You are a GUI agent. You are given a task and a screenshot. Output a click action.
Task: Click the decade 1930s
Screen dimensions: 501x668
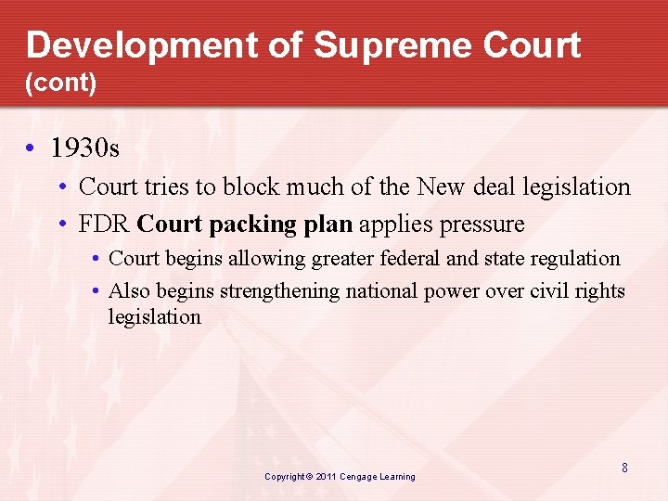pos(85,148)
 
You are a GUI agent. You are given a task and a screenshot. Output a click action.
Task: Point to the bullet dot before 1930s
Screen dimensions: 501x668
pos(32,148)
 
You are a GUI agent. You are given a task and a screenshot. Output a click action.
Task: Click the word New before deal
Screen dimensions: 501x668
pos(442,186)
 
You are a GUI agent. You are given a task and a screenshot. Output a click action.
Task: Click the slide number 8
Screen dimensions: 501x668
pos(624,469)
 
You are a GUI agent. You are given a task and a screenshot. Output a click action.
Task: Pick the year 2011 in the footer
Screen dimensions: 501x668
pos(326,477)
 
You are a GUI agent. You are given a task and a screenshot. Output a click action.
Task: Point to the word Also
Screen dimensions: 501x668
pos(129,291)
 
